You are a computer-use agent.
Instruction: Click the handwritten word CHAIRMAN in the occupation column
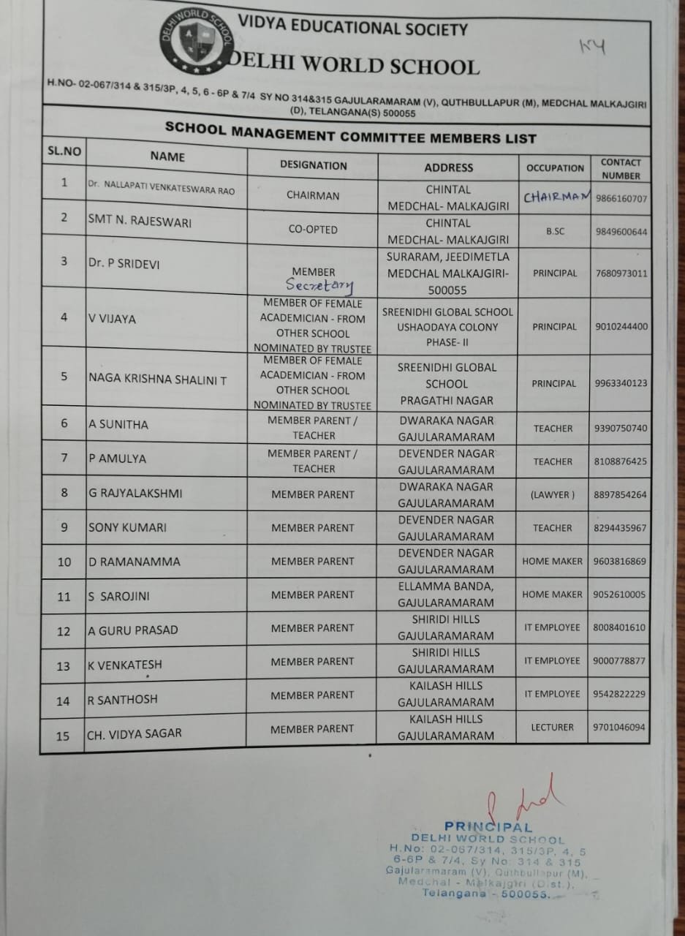(555, 197)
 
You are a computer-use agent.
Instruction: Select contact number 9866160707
(621, 199)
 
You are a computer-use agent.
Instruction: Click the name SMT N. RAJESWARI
(140, 221)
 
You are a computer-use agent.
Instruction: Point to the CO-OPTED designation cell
(313, 230)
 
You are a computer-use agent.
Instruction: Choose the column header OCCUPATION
(555, 168)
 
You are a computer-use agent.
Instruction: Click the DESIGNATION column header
(313, 165)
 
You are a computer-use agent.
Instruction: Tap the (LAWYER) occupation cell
(553, 495)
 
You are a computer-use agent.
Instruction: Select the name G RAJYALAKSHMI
(135, 494)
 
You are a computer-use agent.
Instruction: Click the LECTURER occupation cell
(553, 728)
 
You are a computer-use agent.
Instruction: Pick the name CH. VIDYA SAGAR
(134, 733)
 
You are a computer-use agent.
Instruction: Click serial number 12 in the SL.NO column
(64, 631)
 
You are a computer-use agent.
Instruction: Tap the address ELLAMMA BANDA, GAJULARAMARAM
(446, 595)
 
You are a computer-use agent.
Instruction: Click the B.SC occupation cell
(555, 232)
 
